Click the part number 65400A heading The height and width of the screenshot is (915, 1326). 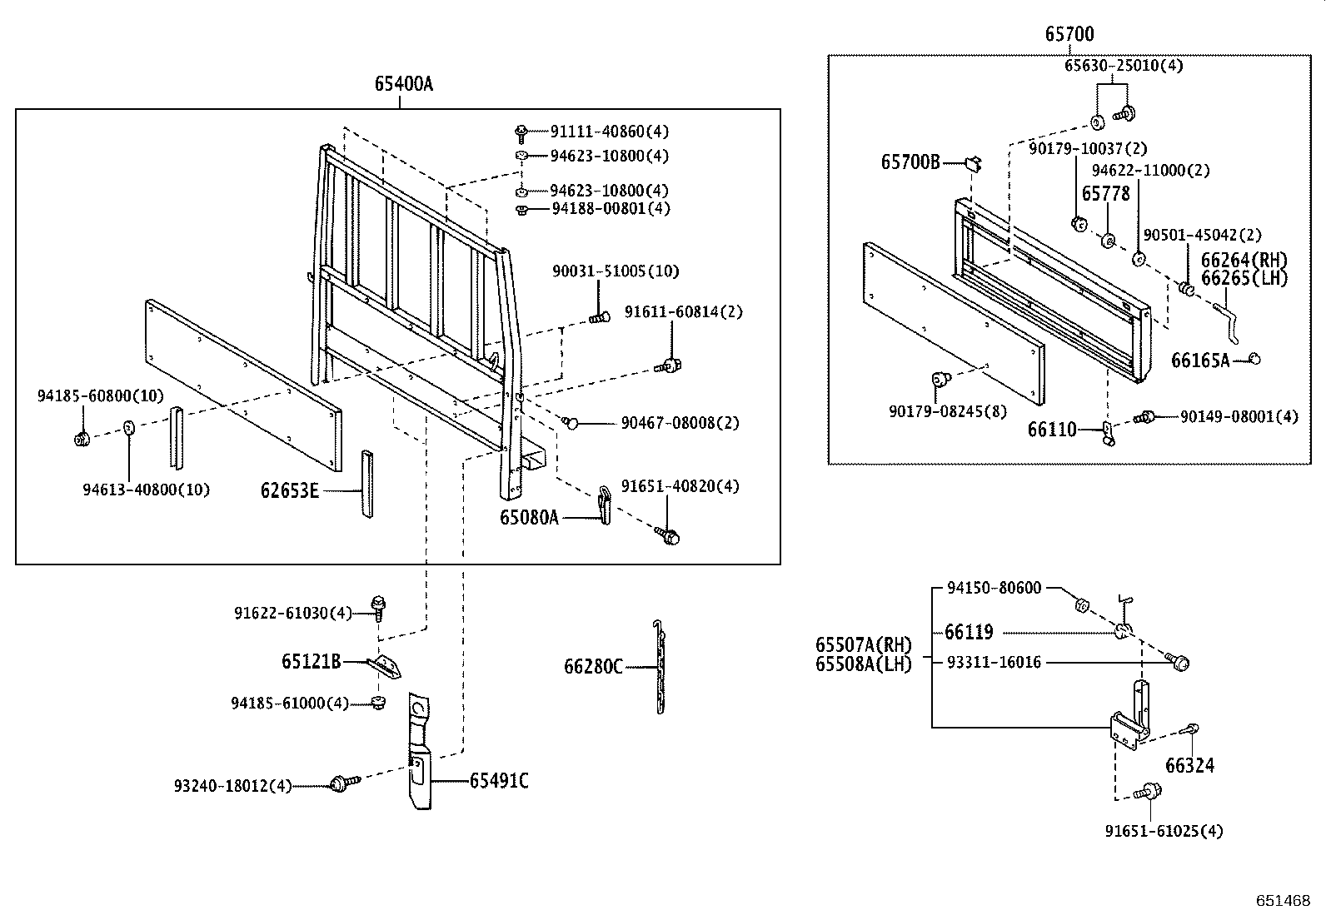tap(403, 83)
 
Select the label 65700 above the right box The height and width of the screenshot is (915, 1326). tap(1069, 34)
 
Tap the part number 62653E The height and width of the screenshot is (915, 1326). tap(289, 490)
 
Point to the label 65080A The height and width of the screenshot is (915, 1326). tap(529, 517)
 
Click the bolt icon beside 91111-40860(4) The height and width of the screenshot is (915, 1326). tap(521, 131)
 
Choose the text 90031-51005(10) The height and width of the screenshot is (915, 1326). tap(615, 271)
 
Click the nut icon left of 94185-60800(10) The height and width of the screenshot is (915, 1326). tap(82, 439)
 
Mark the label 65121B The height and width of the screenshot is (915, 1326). tap(311, 662)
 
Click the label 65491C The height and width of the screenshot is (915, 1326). tap(498, 780)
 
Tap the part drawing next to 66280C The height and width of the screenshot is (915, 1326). tap(660, 667)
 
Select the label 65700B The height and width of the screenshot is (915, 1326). tap(910, 162)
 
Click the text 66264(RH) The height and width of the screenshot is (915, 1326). tap(1244, 261)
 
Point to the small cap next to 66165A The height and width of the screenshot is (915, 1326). tap(1254, 359)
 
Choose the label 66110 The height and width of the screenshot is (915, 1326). tap(1051, 430)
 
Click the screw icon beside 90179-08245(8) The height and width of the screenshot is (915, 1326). tap(941, 380)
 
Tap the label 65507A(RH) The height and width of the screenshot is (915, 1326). tap(863, 645)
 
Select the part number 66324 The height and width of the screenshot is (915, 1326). tap(1189, 765)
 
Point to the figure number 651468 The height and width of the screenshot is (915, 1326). tap(1284, 901)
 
